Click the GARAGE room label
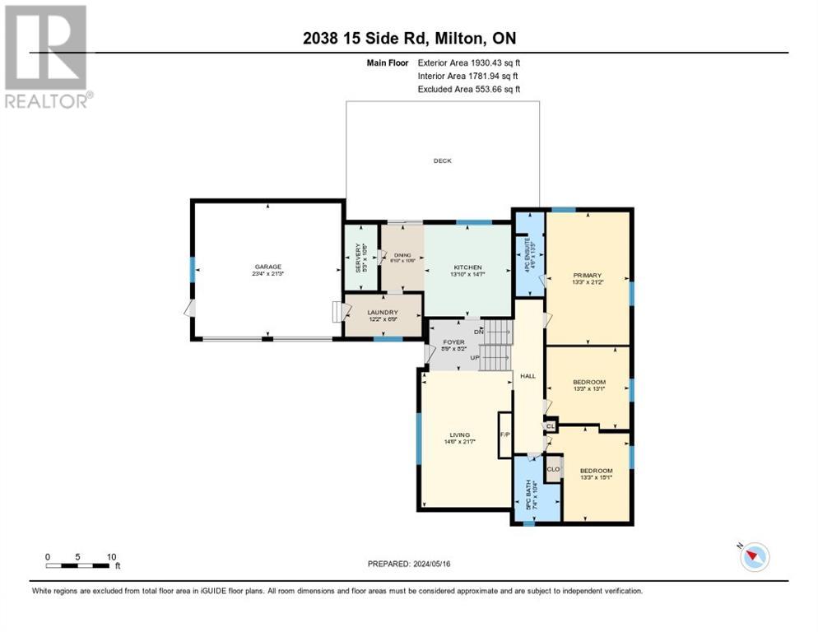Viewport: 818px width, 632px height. (x=268, y=267)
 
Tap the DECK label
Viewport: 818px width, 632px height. (x=443, y=161)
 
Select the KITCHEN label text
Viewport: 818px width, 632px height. (x=467, y=268)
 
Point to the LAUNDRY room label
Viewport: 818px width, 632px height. (x=383, y=313)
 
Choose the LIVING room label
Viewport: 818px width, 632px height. (x=459, y=435)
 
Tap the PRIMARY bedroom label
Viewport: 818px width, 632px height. (x=588, y=276)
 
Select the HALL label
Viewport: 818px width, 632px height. (x=528, y=376)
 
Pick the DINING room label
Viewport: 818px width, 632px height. (x=401, y=257)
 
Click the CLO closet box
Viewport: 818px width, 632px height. (x=554, y=469)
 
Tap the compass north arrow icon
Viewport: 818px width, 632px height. (x=752, y=557)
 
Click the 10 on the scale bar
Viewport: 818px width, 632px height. (x=111, y=556)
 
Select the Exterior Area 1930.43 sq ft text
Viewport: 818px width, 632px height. (x=469, y=63)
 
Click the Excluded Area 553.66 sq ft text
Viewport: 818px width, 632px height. (x=469, y=89)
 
